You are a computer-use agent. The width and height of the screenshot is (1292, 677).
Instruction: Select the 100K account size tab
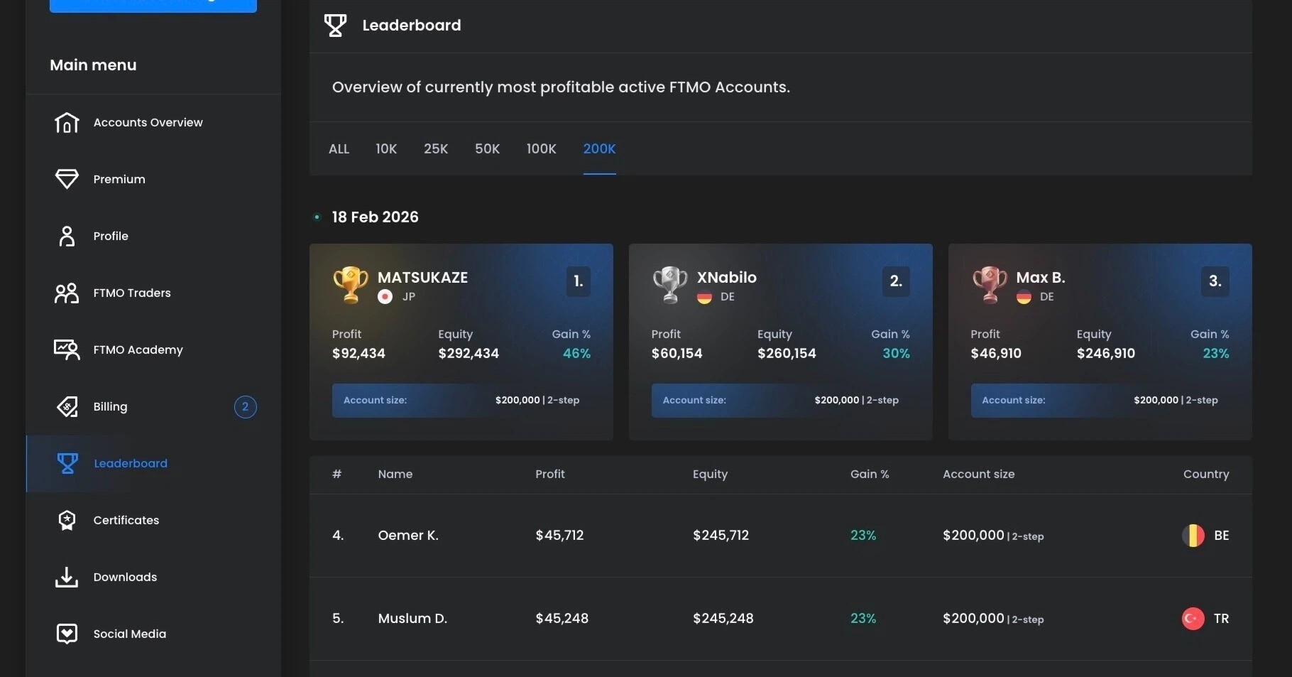pos(541,148)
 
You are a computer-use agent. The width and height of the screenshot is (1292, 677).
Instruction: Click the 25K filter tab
pos(436,148)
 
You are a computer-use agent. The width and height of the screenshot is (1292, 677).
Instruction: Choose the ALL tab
pos(339,148)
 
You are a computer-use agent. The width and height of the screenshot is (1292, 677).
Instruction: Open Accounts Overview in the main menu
pos(148,122)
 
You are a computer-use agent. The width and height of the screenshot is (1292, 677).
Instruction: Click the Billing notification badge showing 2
pos(245,406)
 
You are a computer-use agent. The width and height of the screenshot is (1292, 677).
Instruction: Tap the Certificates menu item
pos(126,520)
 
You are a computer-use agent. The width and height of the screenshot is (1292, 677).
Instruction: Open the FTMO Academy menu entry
pos(138,350)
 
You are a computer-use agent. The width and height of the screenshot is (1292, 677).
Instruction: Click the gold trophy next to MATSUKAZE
pos(350,284)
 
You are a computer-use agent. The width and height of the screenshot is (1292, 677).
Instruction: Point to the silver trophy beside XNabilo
pos(669,284)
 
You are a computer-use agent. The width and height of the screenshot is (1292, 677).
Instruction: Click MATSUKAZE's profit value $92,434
pos(358,353)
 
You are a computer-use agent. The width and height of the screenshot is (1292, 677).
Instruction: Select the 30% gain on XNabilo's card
pos(896,353)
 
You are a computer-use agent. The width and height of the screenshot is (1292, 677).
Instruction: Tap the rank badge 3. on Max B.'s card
pos(1215,281)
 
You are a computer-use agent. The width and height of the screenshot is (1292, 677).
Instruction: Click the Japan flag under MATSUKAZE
pos(385,296)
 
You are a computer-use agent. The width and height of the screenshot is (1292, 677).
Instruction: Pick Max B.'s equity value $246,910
pos(1105,353)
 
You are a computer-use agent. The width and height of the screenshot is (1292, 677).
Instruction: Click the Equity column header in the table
pos(710,474)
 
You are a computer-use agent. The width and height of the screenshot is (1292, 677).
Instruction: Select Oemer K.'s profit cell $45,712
pos(559,535)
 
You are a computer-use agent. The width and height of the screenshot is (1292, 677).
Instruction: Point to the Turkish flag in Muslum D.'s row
pos(1193,618)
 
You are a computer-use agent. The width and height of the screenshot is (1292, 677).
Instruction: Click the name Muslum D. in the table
pos(412,618)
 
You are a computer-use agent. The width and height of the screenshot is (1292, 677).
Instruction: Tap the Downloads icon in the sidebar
pos(67,577)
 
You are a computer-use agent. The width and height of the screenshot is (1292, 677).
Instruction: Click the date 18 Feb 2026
pos(375,217)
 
